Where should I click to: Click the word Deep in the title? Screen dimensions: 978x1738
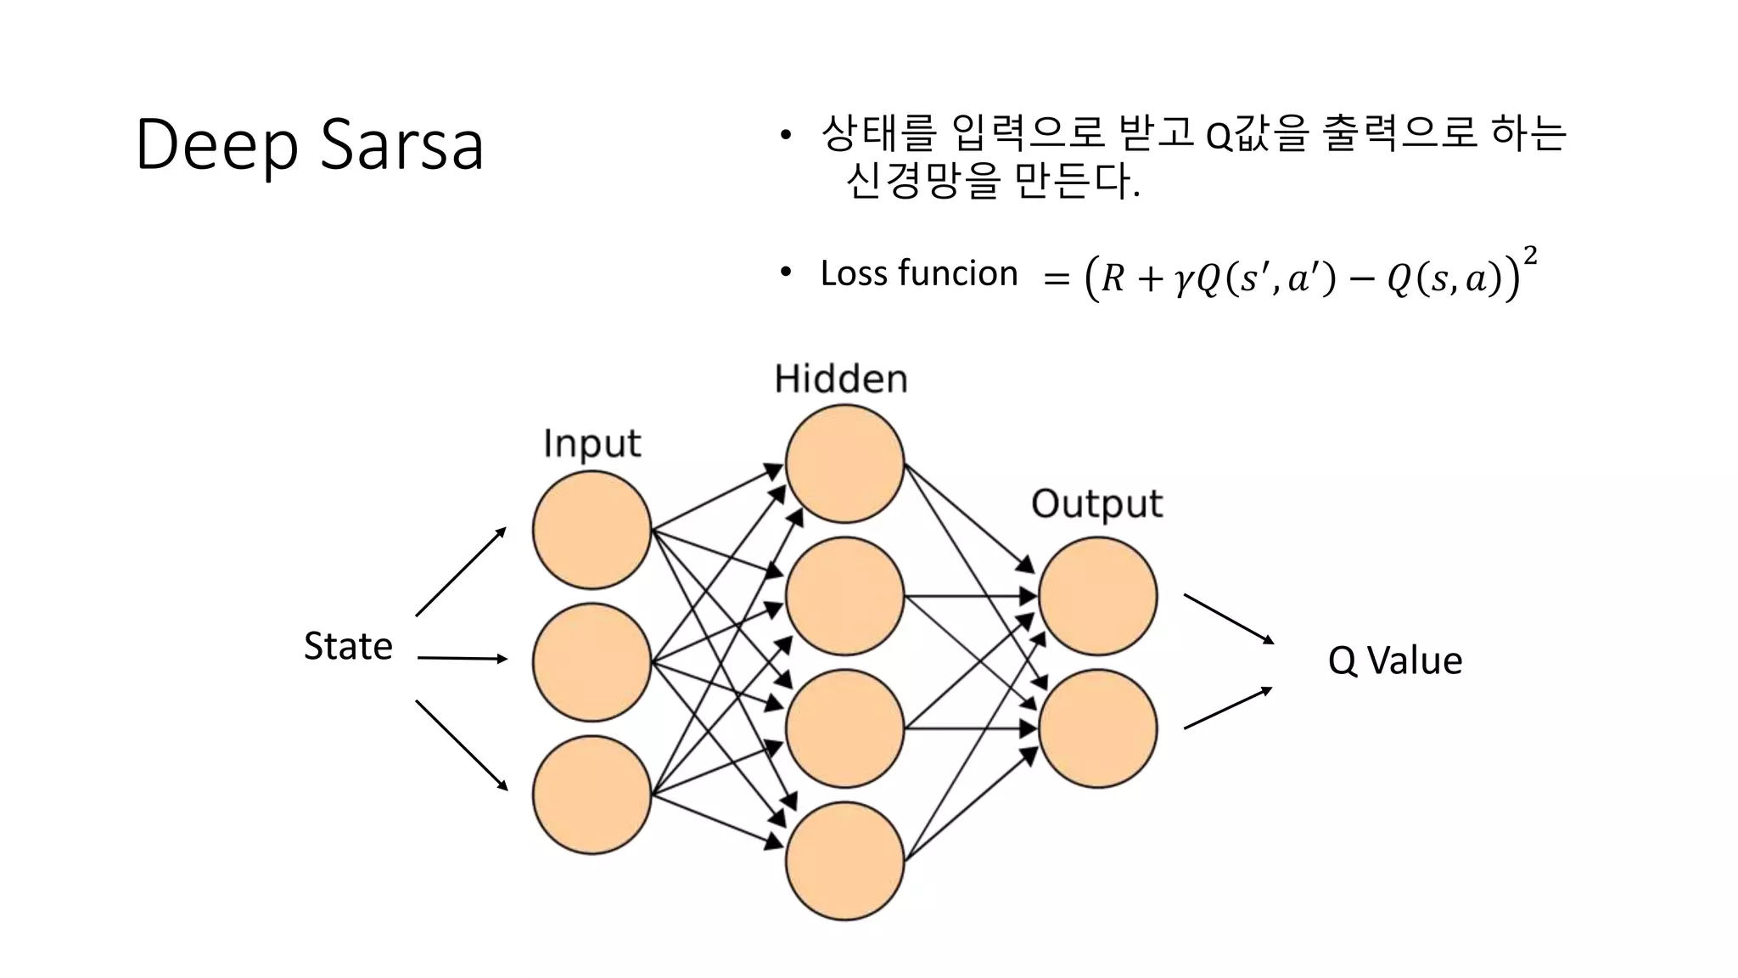(216, 144)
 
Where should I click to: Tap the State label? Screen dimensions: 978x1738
(348, 646)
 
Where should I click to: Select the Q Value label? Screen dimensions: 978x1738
(1394, 660)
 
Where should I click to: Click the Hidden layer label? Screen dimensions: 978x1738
(840, 379)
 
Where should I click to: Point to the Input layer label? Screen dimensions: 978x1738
(591, 443)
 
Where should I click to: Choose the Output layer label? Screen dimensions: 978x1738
(1096, 503)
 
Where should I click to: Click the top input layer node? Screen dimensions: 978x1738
(591, 530)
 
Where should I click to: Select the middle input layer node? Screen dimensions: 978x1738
(591, 662)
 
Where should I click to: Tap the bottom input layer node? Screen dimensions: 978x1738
(591, 795)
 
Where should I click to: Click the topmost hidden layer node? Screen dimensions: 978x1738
(844, 464)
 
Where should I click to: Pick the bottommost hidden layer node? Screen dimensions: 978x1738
(844, 861)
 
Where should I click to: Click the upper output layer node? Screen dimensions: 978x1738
(1097, 596)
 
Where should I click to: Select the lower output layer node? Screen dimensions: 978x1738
(1097, 728)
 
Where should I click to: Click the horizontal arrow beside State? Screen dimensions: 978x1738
(463, 658)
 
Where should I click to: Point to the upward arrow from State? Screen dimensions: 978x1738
(461, 571)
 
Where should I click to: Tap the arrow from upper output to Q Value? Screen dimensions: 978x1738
(1229, 619)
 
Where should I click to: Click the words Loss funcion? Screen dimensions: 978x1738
(918, 273)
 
